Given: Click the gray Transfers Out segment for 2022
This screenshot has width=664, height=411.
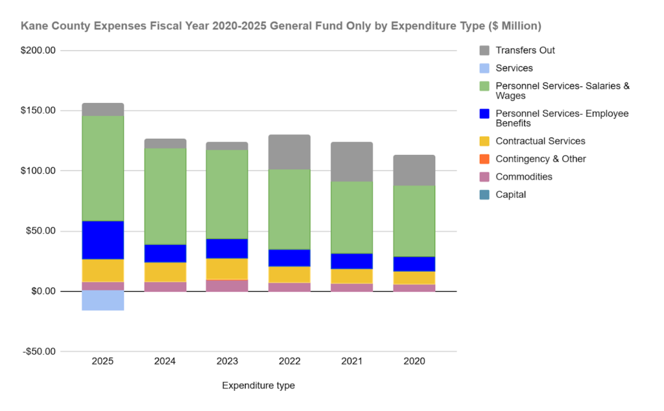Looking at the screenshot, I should point(289,152).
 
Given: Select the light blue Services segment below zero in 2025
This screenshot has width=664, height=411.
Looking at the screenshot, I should point(102,301).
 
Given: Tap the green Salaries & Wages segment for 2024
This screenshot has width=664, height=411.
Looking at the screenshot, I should point(165,196).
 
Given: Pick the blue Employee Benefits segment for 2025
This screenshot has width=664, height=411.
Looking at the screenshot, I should point(102,240).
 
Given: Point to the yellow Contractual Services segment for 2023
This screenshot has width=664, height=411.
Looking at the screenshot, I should point(227,268).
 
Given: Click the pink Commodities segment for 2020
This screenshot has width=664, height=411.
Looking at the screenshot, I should point(414,288).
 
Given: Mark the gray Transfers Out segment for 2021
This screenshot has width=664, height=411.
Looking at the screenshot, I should point(351,161).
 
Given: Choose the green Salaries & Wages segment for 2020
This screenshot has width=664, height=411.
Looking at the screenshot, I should point(414,221).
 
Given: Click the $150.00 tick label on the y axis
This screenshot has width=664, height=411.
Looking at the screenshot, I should point(39,111).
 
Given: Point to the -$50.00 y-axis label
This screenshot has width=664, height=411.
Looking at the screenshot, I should point(39,352).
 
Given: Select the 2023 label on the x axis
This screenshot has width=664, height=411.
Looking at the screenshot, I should point(227,361).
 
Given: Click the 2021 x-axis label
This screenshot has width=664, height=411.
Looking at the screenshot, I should point(351,361).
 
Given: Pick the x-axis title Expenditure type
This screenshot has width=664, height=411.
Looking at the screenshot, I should point(258,386).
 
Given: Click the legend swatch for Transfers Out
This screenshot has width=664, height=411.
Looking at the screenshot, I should point(484,51).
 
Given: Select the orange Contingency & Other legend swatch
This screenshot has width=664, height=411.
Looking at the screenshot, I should point(484,159).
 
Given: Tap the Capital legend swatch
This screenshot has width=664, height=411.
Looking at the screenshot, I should point(484,194).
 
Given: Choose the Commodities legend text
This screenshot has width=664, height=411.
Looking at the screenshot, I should point(524,176).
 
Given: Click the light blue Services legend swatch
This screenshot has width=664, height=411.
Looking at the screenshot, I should point(484,68).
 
